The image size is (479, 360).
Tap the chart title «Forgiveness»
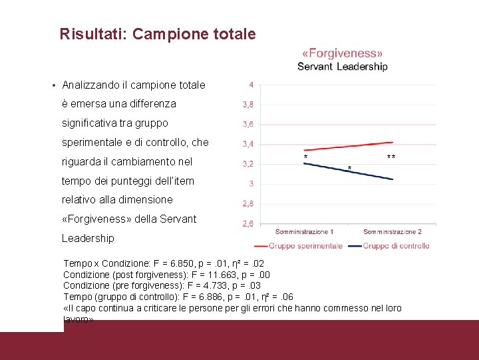tap(343, 53)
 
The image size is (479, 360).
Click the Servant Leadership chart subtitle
tap(342, 66)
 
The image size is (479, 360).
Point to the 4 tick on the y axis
tap(251, 85)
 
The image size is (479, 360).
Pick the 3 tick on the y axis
tap(251, 183)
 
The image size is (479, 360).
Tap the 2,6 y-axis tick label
tap(247, 224)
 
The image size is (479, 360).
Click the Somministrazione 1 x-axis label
tap(304, 232)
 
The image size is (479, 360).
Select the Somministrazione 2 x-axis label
tap(393, 232)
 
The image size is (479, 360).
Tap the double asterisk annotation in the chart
tap(391, 158)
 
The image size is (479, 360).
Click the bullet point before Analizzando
tap(53, 85)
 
